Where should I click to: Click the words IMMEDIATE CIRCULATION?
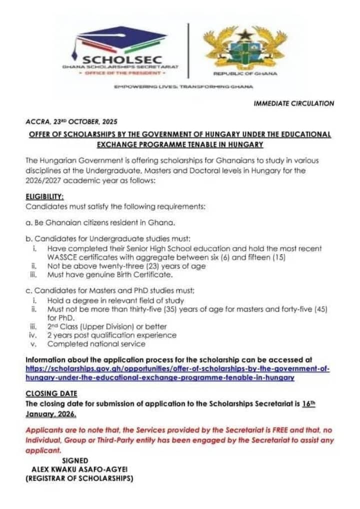click(293, 103)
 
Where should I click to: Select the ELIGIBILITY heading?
click(44, 197)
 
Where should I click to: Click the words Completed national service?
click(96, 343)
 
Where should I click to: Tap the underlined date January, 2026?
click(51, 414)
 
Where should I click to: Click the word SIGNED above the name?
click(75, 460)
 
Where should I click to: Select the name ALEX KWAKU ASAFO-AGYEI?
click(79, 469)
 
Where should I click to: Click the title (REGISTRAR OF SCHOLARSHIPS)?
click(79, 478)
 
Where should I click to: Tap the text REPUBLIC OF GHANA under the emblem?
click(244, 73)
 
